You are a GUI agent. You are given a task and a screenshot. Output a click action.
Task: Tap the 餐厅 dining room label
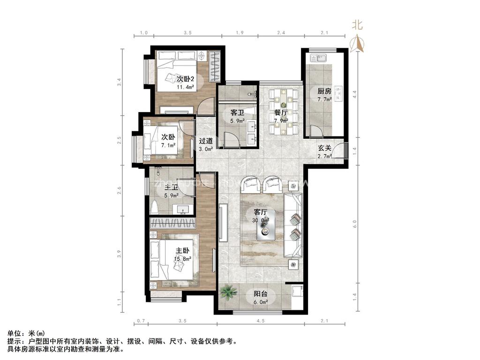[281, 112]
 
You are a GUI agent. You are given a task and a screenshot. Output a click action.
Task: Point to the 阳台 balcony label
[261, 294]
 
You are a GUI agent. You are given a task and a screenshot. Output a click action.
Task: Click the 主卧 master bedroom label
[183, 251]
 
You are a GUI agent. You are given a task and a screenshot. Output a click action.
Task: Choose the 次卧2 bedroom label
[185, 79]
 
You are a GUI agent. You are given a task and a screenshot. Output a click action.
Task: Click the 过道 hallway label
[206, 141]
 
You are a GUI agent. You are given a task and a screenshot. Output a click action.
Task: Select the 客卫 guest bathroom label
[237, 112]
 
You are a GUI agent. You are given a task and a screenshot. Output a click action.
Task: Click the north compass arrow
[359, 43]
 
